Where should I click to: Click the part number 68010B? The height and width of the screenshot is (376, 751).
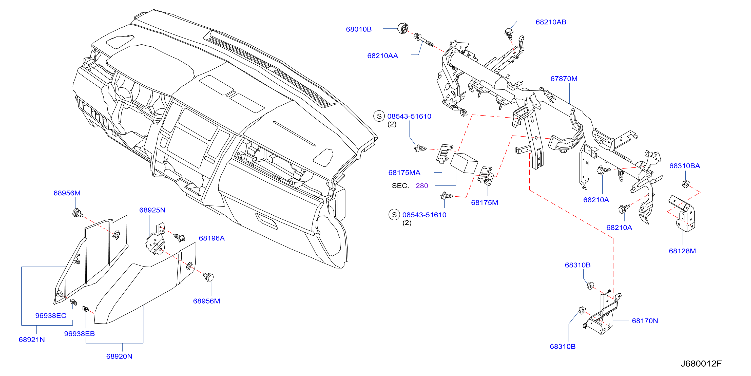click(x=359, y=29)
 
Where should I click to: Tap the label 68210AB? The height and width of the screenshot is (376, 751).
click(x=551, y=22)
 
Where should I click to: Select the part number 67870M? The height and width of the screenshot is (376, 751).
click(x=564, y=79)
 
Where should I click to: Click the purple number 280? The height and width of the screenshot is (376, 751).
click(x=421, y=185)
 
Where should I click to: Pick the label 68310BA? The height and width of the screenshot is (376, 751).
click(x=684, y=166)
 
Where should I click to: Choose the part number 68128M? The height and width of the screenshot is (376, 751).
click(x=682, y=251)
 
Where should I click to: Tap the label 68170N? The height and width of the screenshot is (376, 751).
click(x=645, y=321)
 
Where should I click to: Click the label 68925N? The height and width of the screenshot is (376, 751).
click(x=152, y=210)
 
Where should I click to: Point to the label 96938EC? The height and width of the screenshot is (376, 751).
click(x=50, y=315)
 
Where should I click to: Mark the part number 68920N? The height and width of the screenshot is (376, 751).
click(x=119, y=356)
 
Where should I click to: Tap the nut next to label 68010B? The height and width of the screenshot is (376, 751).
click(x=403, y=29)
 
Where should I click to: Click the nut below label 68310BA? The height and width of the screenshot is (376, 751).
click(x=685, y=184)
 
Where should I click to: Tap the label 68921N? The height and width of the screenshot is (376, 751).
click(x=31, y=340)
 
